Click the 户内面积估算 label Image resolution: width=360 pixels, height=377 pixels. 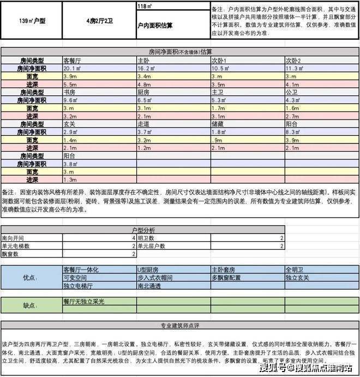click(x=156, y=26)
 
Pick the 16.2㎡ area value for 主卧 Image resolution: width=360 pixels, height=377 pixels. click(x=147, y=69)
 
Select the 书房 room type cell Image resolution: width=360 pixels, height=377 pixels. click(x=70, y=93)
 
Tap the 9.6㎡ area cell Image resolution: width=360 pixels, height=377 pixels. click(x=71, y=100)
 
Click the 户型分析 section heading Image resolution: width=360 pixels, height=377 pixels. click(x=143, y=231)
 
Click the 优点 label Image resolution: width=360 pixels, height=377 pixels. click(x=31, y=278)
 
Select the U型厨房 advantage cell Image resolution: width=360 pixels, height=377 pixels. click(x=148, y=270)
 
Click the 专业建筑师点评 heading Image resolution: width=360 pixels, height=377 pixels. click(x=179, y=326)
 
